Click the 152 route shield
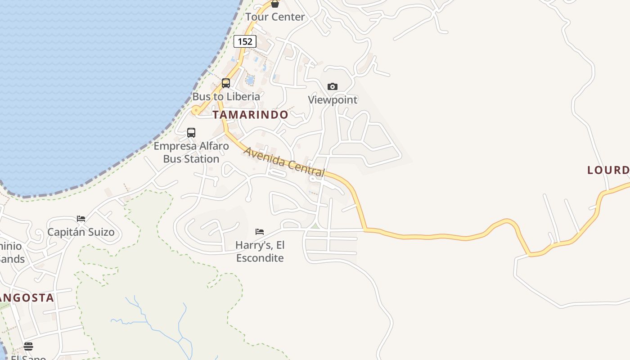[245, 41]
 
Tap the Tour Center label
[275, 17]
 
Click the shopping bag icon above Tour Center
[275, 4]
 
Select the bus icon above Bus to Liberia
[226, 83]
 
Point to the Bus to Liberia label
[226, 96]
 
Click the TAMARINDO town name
[250, 115]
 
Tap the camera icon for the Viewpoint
[333, 86]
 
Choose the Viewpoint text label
[333, 100]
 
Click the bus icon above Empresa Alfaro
[191, 133]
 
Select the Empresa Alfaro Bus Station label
[191, 153]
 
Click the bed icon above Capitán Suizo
[81, 219]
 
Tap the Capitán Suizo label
[81, 232]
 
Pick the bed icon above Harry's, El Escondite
[260, 232]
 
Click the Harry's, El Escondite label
[260, 252]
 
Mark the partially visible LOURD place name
[608, 170]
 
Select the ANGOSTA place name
[27, 298]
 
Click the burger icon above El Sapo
[28, 346]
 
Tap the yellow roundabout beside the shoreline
[196, 110]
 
